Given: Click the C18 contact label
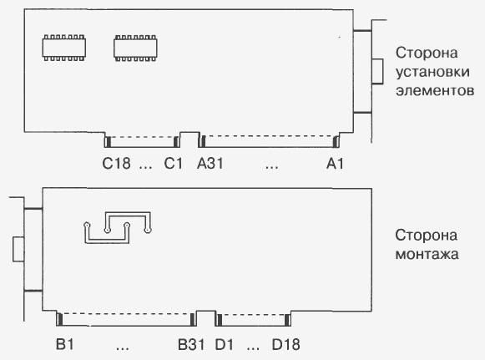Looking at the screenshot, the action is (116, 164).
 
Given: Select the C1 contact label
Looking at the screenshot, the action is (174, 164).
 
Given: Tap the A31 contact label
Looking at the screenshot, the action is (210, 164).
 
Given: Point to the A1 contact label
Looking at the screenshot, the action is (335, 164).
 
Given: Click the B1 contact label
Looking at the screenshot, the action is (64, 344).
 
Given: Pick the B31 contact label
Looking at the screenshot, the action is (191, 344).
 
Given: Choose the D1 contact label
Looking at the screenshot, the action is (225, 344).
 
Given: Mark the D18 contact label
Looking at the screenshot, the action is (285, 344).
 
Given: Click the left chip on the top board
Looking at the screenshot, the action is (64, 48).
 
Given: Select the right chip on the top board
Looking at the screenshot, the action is (135, 48).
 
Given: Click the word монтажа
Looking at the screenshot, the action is (427, 254).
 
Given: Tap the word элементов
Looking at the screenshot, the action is (435, 91).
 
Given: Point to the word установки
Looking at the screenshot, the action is (432, 72).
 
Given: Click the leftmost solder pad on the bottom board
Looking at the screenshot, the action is (87, 225).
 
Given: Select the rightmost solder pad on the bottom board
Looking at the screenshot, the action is (148, 230).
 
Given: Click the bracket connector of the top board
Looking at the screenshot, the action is (377, 71).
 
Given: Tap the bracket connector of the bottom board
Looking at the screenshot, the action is (18, 250).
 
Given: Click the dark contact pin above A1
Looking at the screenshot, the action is (336, 142).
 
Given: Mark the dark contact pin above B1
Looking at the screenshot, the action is (60, 319).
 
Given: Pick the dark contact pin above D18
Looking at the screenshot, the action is (287, 320).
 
